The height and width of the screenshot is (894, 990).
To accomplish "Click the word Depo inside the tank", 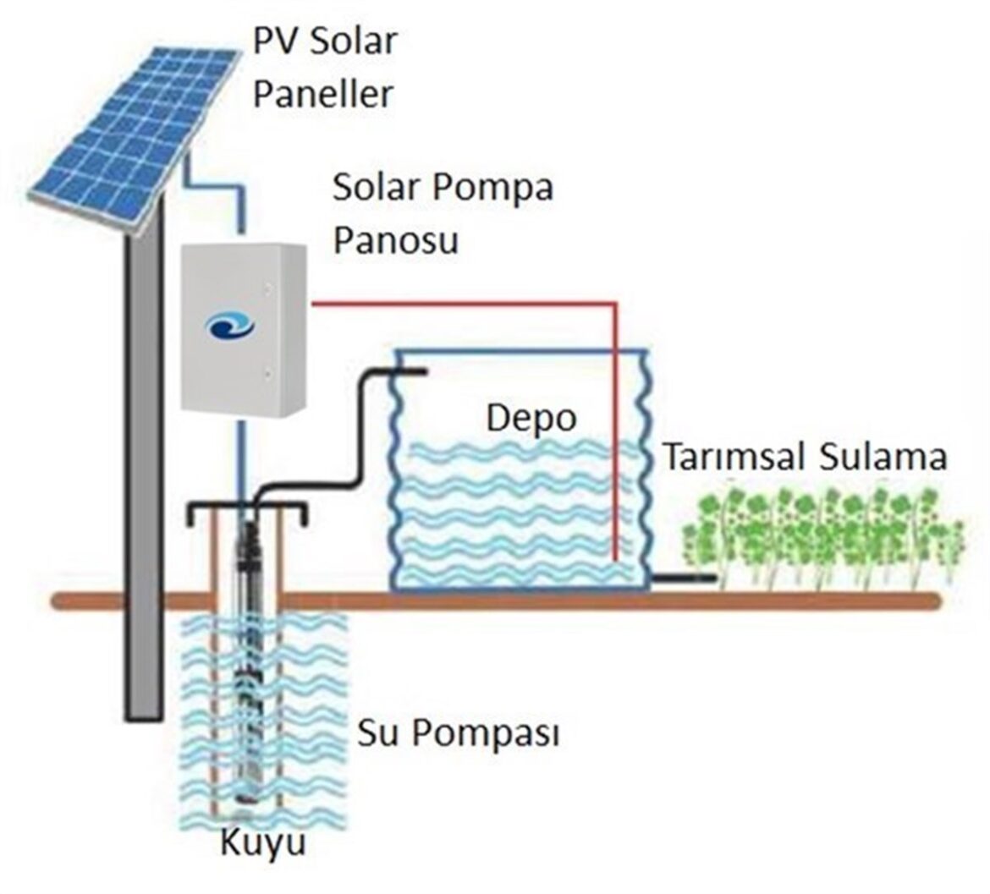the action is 531,420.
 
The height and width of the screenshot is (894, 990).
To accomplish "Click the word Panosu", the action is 395,240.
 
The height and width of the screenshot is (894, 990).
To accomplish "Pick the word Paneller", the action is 322,93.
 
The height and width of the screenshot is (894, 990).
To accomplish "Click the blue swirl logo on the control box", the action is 230,326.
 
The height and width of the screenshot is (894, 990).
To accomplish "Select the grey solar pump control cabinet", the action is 244,329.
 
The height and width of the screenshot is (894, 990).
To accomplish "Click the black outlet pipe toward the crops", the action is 683,578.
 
